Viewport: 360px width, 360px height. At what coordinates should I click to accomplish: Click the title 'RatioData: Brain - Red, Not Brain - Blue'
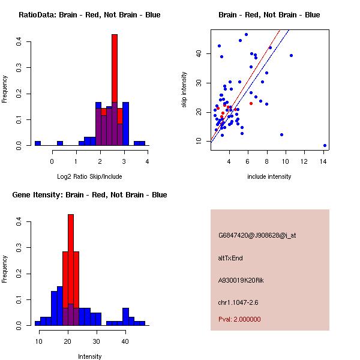coord(89,15)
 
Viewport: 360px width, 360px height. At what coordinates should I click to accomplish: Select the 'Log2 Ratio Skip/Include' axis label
coord(89,176)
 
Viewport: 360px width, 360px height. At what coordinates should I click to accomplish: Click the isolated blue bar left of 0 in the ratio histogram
coord(38,143)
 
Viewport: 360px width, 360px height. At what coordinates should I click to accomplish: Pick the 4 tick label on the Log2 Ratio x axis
coord(147,160)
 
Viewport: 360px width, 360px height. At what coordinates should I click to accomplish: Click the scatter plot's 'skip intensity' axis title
coord(185,89)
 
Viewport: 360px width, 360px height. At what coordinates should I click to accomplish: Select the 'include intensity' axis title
coord(269,176)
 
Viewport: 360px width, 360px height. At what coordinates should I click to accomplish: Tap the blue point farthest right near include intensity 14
coord(325,145)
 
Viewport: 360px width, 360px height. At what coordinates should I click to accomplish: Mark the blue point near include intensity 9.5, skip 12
coord(281,134)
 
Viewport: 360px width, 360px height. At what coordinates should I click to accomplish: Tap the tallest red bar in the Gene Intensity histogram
coord(71,240)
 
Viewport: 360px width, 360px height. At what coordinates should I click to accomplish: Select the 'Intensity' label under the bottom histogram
coord(89,356)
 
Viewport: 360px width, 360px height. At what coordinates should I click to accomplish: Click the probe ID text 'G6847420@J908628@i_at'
coord(257,235)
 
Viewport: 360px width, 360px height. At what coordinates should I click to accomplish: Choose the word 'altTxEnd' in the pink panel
coord(230,258)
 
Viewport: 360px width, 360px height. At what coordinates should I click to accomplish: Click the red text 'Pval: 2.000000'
coord(239,320)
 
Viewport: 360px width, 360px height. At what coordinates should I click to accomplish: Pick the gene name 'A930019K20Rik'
coord(241,280)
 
